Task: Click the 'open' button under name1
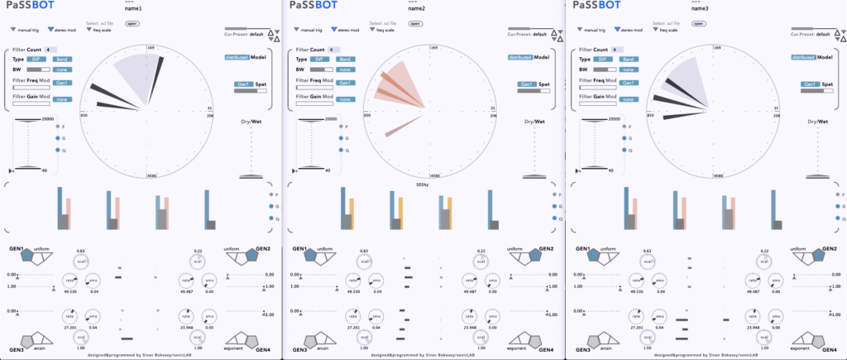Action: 132,24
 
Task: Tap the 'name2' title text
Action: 416,8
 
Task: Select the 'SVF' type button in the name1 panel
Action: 37,60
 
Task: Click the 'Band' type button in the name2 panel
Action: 344,60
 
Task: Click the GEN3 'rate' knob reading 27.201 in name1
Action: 69,315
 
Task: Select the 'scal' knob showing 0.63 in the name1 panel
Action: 80,262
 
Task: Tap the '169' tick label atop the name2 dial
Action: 434,49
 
